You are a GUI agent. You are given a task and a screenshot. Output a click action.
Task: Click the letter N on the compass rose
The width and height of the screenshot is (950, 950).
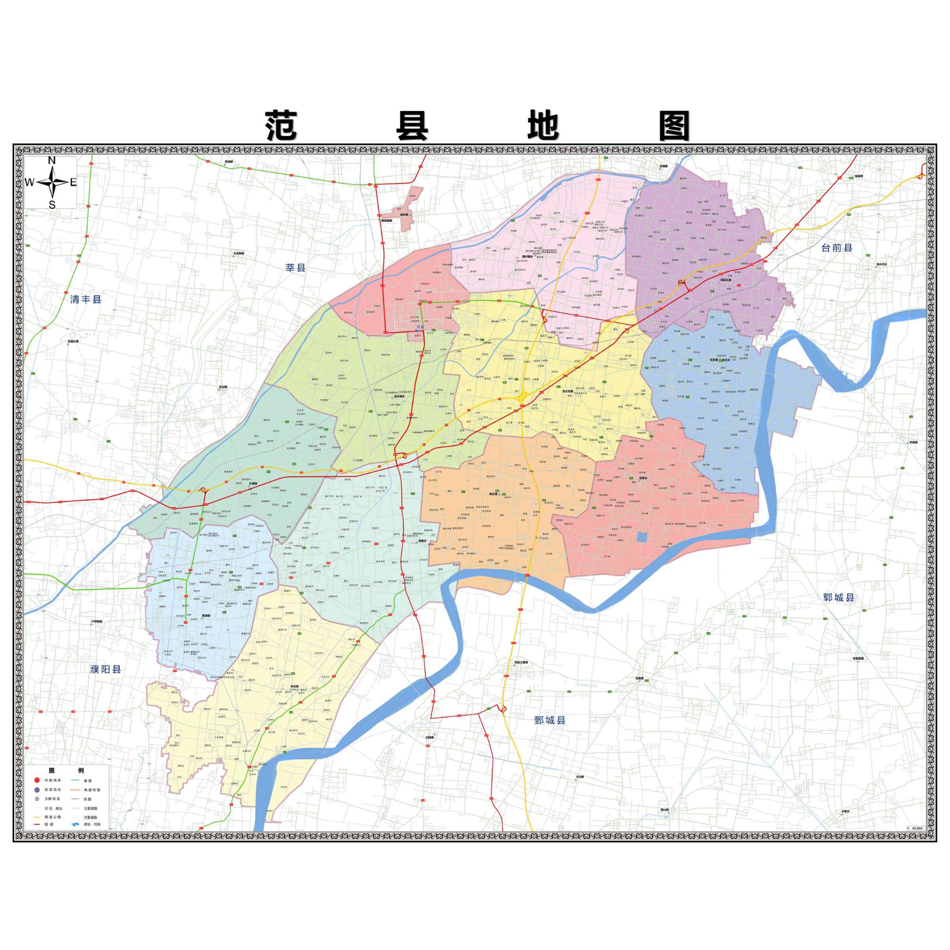click(x=51, y=160)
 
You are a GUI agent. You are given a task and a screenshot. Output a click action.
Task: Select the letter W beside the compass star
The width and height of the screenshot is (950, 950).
click(x=30, y=182)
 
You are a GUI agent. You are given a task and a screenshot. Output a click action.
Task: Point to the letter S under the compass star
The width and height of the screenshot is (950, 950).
click(x=52, y=205)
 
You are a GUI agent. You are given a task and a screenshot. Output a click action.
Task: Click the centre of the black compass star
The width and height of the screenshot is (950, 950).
click(x=52, y=182)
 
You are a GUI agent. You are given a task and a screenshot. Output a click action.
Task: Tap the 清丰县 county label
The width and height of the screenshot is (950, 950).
click(x=85, y=299)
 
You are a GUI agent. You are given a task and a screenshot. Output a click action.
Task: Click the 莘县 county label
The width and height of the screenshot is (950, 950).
click(x=296, y=268)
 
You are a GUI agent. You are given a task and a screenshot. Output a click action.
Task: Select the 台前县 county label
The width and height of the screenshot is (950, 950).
click(x=836, y=248)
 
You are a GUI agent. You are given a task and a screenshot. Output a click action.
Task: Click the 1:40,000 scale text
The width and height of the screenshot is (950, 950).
click(x=914, y=828)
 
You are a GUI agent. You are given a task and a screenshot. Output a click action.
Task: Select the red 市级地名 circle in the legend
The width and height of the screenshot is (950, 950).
click(x=36, y=780)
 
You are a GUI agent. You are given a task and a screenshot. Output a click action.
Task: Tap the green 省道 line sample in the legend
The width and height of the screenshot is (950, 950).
click(x=75, y=780)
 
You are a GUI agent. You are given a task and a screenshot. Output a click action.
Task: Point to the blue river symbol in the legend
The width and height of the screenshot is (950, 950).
click(x=75, y=825)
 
